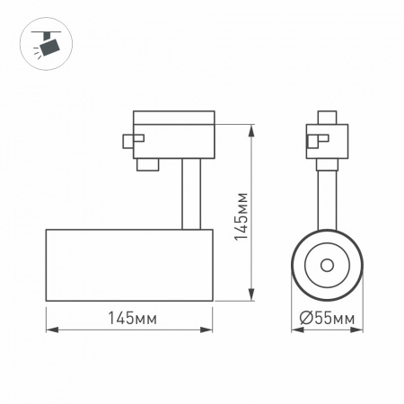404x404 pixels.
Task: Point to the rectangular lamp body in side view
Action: pos(128,264)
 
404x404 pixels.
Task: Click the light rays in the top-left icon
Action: pos(35,53)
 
